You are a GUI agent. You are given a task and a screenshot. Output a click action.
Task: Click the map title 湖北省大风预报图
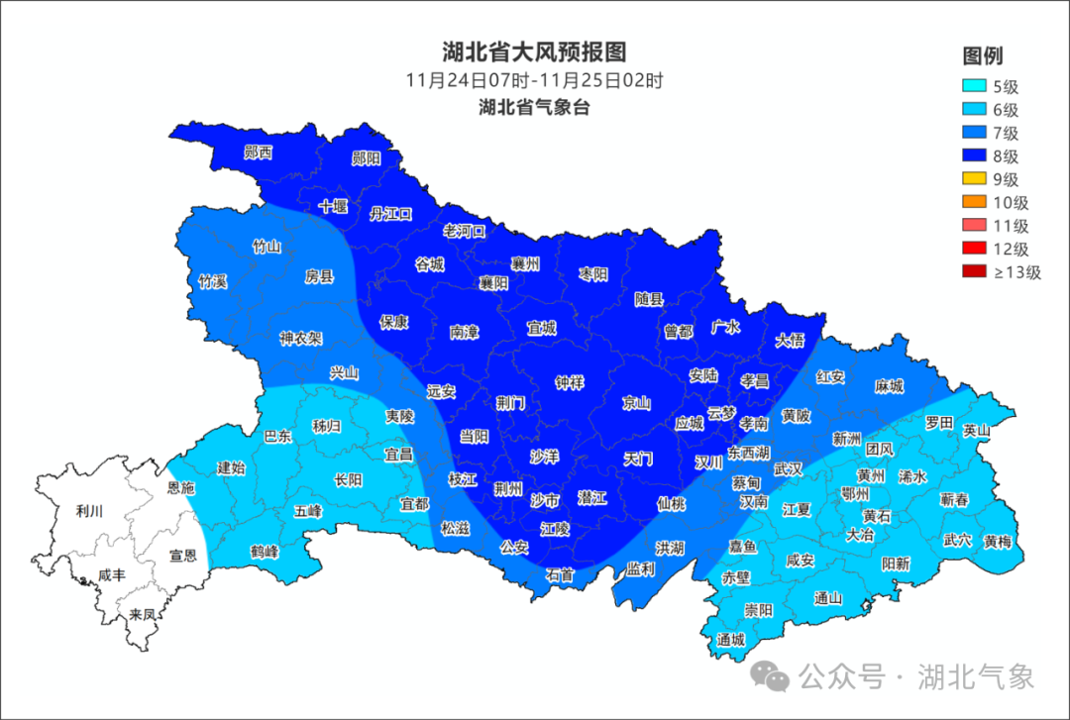tap(534, 51)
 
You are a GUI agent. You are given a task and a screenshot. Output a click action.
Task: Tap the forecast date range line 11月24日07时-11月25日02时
tap(534, 81)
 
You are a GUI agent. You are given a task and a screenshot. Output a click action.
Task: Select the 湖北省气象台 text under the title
tap(534, 107)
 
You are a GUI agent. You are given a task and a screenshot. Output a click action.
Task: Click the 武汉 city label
tap(788, 468)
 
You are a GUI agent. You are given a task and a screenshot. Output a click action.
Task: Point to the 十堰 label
tap(334, 207)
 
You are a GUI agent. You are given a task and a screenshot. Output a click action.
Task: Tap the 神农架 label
tap(300, 338)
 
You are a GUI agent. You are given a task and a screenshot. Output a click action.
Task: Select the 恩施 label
tap(180, 488)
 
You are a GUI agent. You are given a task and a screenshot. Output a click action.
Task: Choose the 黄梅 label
tap(998, 541)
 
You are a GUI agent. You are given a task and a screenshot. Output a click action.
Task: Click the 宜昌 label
tap(398, 455)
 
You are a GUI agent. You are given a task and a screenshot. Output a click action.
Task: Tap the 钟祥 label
tap(570, 382)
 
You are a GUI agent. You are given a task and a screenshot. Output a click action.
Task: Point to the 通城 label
tap(731, 640)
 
